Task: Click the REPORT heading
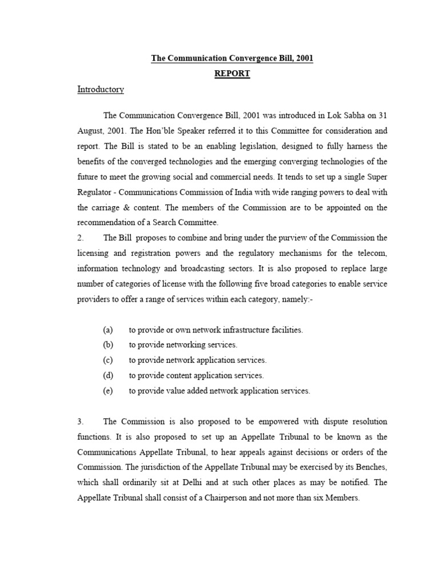(x=232, y=74)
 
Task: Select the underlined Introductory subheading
(x=101, y=90)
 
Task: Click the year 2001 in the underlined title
(x=304, y=58)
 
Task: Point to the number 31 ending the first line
(x=382, y=114)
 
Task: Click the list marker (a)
(x=108, y=330)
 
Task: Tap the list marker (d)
(x=108, y=375)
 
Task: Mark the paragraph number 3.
(x=81, y=421)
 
